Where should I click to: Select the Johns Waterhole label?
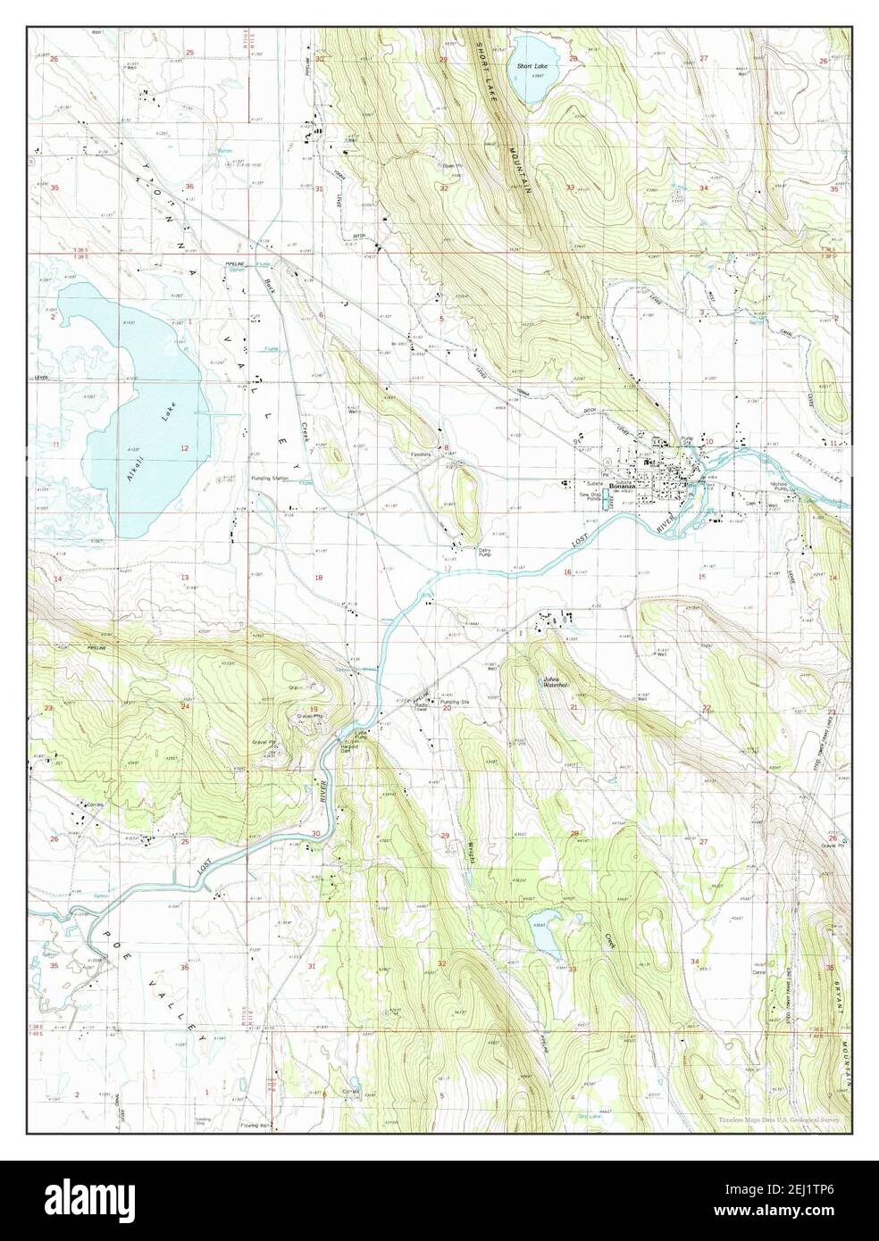point(557,684)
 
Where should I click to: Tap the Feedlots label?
point(421,454)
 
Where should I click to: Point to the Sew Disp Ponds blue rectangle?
point(610,503)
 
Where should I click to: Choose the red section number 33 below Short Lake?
point(569,187)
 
